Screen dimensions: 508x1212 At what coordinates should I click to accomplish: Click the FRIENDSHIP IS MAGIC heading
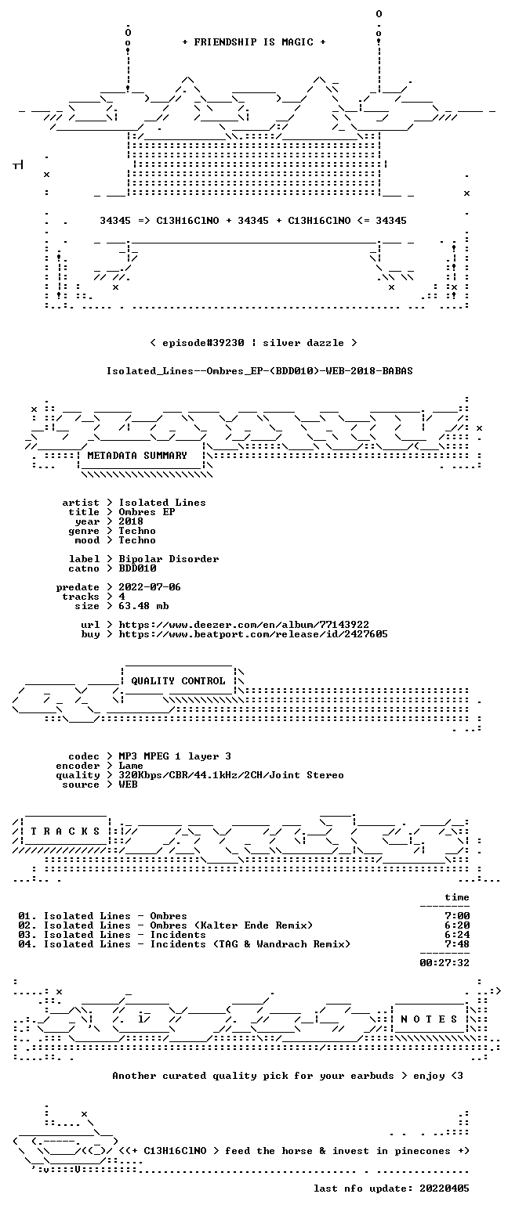pyautogui.click(x=254, y=42)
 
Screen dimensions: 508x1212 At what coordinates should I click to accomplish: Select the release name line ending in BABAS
pyautogui.click(x=259, y=371)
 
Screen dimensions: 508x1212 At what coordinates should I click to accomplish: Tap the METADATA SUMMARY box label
pyautogui.click(x=137, y=456)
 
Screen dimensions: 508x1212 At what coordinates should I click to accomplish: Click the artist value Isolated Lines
pyautogui.click(x=162, y=503)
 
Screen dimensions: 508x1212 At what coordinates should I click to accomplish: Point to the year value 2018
pyautogui.click(x=131, y=521)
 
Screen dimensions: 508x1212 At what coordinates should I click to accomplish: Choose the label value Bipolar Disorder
pyautogui.click(x=169, y=559)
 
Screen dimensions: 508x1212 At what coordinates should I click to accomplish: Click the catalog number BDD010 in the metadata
pyautogui.click(x=137, y=568)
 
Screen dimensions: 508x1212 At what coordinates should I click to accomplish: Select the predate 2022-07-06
pyautogui.click(x=150, y=587)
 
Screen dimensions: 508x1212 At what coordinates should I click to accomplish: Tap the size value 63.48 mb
pyautogui.click(x=143, y=606)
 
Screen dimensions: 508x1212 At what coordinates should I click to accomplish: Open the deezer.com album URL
pyautogui.click(x=244, y=625)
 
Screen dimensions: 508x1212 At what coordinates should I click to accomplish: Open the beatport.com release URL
pyautogui.click(x=253, y=634)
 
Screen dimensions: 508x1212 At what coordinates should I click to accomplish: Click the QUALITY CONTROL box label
pyautogui.click(x=178, y=681)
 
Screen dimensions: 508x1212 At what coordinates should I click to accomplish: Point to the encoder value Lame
pyautogui.click(x=131, y=767)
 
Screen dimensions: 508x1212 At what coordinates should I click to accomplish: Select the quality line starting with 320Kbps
pyautogui.click(x=231, y=775)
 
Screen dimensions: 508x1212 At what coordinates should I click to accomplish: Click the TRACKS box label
pyautogui.click(x=66, y=831)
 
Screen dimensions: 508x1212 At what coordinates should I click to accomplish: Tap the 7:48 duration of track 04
pyautogui.click(x=457, y=944)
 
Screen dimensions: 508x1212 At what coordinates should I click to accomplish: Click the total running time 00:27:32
pyautogui.click(x=444, y=963)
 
